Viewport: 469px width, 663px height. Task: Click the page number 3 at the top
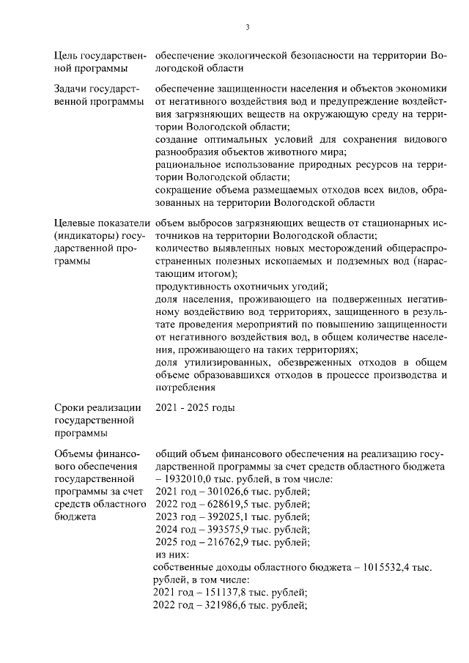[x=247, y=28]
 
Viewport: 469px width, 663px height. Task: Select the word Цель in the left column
[x=68, y=56]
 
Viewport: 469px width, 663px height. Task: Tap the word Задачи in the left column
[x=73, y=89]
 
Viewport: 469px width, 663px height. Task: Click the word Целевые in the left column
[x=78, y=223]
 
